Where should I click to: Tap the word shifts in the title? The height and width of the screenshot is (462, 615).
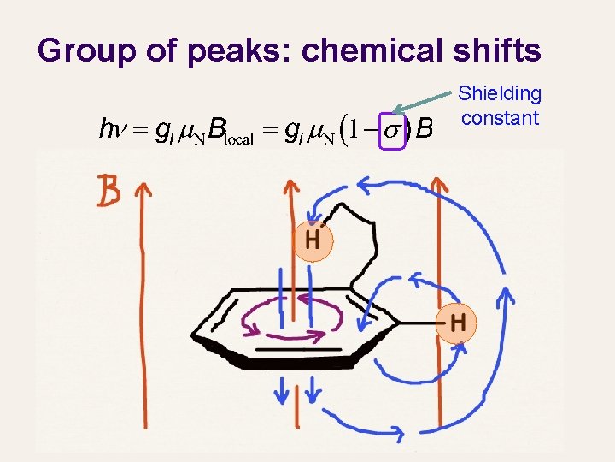pyautogui.click(x=501, y=51)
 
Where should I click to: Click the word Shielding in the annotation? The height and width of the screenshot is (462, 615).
pyautogui.click(x=501, y=94)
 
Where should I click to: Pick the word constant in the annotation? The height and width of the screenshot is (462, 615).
pyautogui.click(x=501, y=118)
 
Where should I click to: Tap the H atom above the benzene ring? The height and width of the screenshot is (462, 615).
pyautogui.click(x=313, y=240)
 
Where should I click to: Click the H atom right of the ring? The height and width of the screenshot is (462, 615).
pyautogui.click(x=457, y=323)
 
